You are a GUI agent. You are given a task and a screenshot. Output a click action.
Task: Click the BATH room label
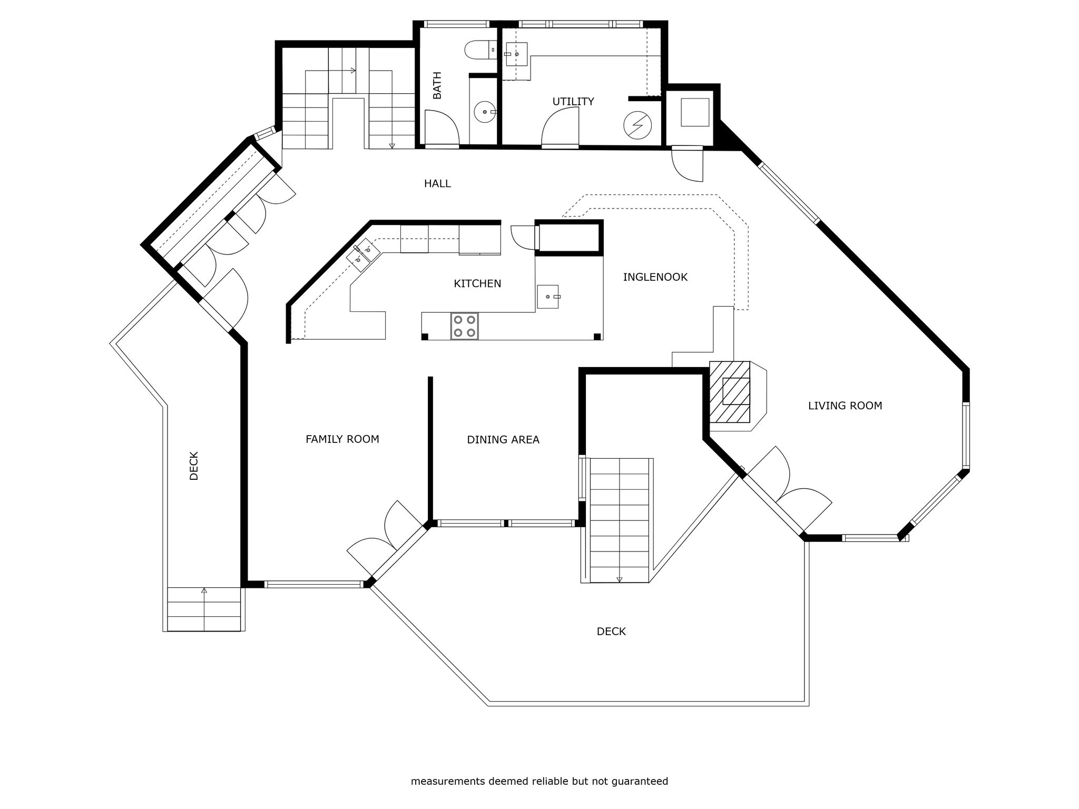pos(437,85)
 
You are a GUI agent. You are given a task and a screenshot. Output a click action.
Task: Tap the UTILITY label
pos(573,101)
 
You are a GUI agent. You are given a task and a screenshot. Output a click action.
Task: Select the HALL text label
pos(437,183)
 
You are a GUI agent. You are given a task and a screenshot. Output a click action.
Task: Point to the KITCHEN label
pos(477,283)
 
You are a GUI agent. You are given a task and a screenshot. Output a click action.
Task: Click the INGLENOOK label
pos(655,277)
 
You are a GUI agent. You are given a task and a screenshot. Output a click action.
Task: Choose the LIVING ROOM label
pos(845,406)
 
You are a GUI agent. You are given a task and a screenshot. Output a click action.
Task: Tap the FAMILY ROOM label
pos(342,439)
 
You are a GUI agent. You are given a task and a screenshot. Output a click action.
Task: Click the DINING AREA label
pos(503,439)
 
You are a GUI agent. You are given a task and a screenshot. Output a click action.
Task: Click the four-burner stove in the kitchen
pos(464,326)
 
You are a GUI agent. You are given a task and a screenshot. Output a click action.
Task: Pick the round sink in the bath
pos(485,112)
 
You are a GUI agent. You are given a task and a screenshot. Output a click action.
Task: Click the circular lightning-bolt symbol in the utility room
pos(637,125)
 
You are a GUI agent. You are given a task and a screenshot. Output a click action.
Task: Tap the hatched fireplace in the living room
pos(730,392)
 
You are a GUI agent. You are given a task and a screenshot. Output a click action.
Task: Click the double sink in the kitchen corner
pos(364,254)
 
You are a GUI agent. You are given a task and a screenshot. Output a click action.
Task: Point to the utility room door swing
pos(560,130)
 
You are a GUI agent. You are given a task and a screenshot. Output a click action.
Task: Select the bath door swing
pos(442,129)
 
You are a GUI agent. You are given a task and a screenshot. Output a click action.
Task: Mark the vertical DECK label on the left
pos(194,466)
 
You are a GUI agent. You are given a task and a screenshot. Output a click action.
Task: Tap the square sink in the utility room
pos(517,54)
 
